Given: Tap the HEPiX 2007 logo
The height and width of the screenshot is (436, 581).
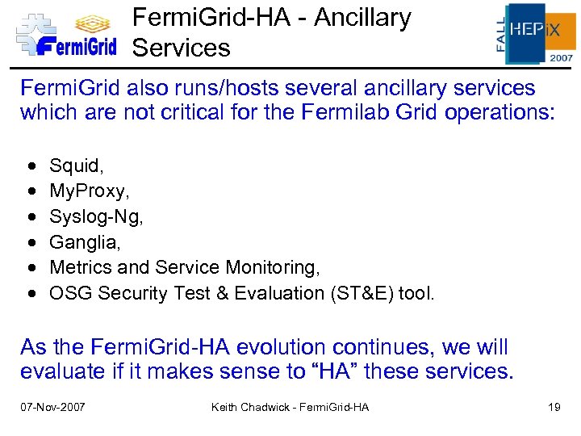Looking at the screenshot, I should pyautogui.click(x=533, y=33).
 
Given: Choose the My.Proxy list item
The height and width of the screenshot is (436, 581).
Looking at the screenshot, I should pyautogui.click(x=87, y=191).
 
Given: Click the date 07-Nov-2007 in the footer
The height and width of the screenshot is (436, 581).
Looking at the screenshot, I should pyautogui.click(x=52, y=407).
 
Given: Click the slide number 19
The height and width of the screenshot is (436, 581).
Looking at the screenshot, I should pyautogui.click(x=554, y=407).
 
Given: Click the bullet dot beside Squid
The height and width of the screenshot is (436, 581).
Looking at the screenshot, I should pyautogui.click(x=31, y=167).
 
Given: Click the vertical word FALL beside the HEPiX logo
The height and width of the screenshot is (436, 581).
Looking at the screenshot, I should pyautogui.click(x=500, y=34).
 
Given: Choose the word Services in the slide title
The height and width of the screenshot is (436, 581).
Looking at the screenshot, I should pyautogui.click(x=182, y=48).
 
